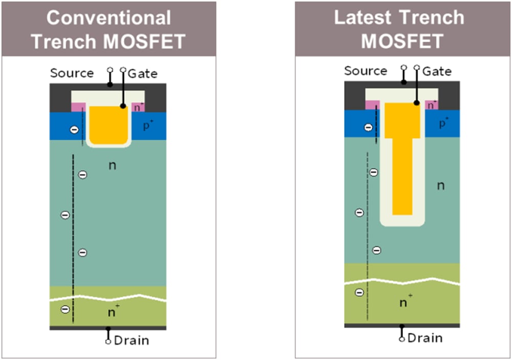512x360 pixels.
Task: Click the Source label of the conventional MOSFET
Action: click(x=72, y=73)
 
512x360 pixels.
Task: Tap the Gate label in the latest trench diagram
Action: click(x=437, y=71)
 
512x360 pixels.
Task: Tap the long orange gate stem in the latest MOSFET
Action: click(x=402, y=177)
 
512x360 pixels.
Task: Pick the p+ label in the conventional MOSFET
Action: click(x=148, y=125)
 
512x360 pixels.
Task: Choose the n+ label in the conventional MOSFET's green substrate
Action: click(x=113, y=311)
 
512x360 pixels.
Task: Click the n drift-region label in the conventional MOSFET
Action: click(x=112, y=165)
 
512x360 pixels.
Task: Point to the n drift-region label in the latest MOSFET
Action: click(x=440, y=185)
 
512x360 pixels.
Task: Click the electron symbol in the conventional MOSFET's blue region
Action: click(x=74, y=130)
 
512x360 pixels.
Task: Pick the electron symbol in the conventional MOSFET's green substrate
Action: click(x=65, y=309)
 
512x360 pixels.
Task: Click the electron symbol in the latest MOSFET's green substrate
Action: click(x=359, y=292)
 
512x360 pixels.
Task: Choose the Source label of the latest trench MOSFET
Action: click(x=366, y=71)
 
